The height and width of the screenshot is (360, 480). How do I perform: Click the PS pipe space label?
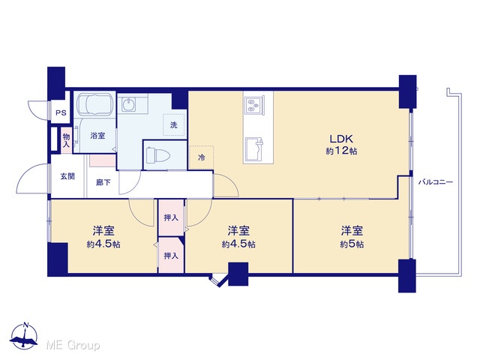pos(61,112)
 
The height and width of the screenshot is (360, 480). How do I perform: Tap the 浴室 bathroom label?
pos(97,135)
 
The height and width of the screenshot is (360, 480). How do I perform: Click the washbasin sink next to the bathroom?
pos(128,104)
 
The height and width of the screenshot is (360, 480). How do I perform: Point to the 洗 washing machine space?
pos(174,125)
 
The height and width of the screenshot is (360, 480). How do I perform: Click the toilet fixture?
pos(157,155)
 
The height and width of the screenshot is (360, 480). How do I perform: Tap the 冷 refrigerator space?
pos(202,157)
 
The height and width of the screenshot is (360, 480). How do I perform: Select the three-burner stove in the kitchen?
pos(254,105)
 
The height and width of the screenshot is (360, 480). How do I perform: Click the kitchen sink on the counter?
pos(254,150)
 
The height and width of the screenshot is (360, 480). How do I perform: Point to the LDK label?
pos(341,139)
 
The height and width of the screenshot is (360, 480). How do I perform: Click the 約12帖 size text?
pos(341,151)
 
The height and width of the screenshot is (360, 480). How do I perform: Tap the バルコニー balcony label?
pos(435,182)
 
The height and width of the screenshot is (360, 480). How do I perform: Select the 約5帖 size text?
pos(352,244)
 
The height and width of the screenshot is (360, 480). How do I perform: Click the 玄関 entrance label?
pos(67,176)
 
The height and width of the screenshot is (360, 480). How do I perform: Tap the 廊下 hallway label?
pos(103,182)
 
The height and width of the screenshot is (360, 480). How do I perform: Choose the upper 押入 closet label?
pos(171,217)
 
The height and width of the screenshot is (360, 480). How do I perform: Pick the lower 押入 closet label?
pos(171,255)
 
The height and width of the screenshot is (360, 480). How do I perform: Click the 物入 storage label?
pos(66,140)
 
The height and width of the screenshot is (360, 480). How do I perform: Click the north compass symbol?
pos(24,336)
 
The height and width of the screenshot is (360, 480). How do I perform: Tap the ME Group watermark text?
pos(73,345)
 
